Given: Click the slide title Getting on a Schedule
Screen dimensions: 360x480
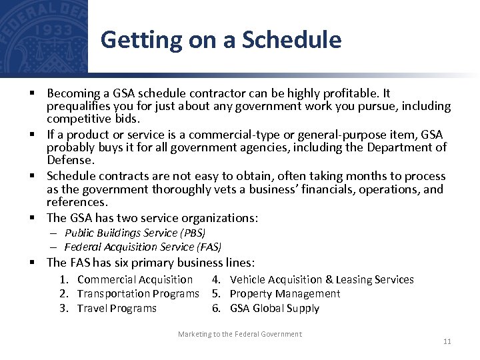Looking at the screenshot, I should coord(221,40).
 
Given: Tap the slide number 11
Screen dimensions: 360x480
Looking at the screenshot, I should coord(447,341).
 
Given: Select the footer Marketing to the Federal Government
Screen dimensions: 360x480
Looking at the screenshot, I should coord(239,334).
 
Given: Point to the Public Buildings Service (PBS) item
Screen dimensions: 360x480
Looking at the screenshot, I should coord(135,233).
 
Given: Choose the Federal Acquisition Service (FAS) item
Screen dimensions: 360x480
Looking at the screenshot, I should coord(143,247).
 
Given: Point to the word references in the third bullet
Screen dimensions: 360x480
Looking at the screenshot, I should coord(76,201).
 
